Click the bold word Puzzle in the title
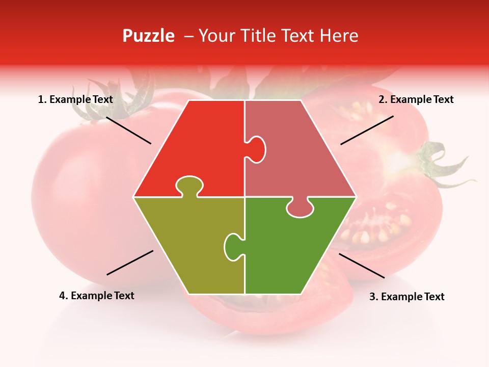pos(148,36)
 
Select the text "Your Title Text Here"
pos(278,36)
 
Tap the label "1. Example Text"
pos(75,99)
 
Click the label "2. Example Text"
pos(416,99)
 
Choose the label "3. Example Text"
pos(406,297)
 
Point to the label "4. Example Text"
pos(97,296)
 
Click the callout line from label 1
pos(128,130)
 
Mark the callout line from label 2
pos(367,130)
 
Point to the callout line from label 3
pos(362,266)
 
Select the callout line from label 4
pos(130,263)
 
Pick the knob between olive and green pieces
pos(233,246)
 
